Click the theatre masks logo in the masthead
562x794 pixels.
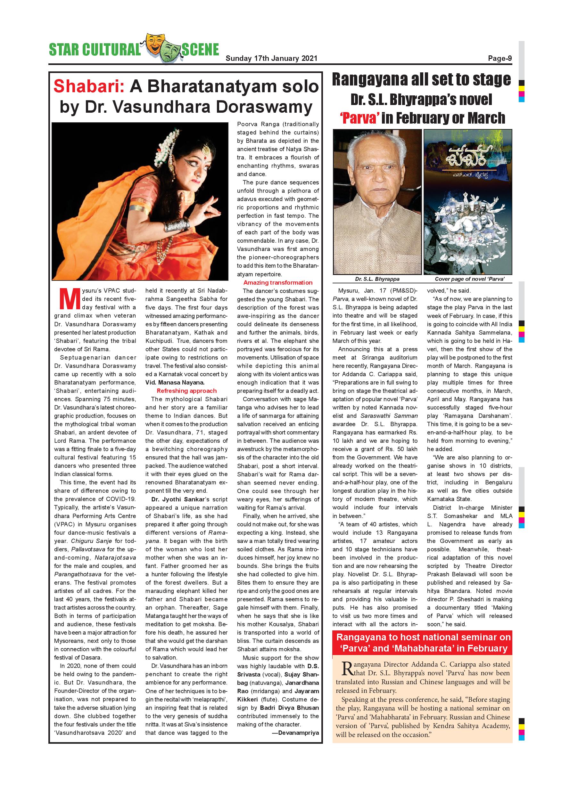click(163, 48)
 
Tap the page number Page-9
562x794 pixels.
click(500, 59)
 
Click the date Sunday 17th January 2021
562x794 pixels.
click(271, 59)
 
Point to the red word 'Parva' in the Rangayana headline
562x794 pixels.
click(359, 118)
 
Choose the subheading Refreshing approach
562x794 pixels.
click(186, 391)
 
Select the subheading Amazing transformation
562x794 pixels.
click(277, 282)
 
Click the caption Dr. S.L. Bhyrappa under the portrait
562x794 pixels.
click(377, 279)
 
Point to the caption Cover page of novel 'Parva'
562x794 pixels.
click(470, 279)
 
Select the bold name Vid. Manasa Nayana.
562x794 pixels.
click(175, 383)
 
